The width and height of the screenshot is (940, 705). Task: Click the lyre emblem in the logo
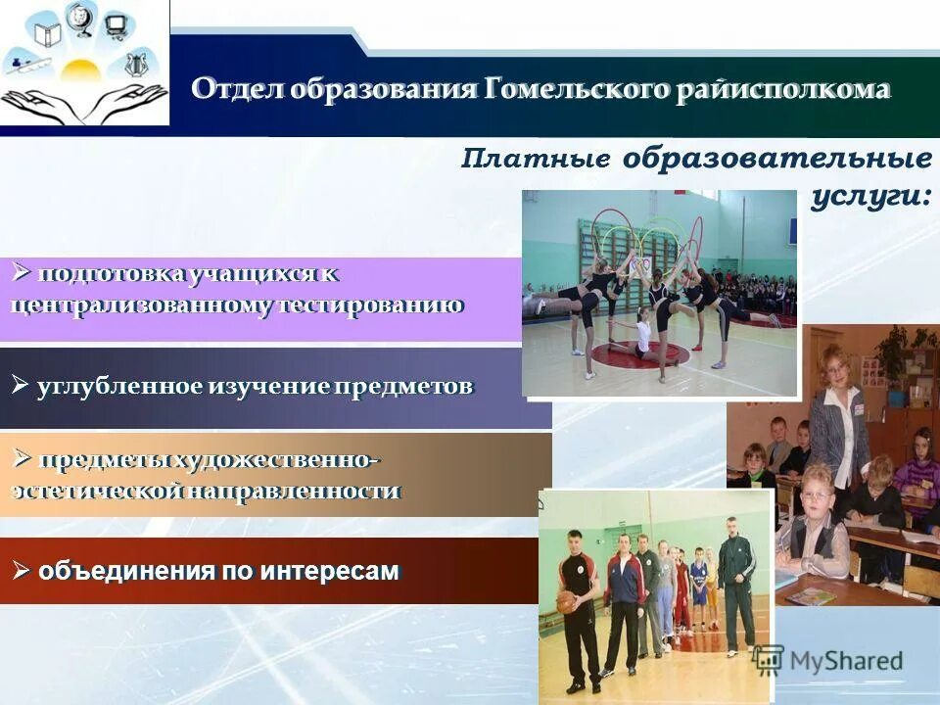point(136,65)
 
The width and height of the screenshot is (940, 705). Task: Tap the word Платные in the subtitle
point(537,159)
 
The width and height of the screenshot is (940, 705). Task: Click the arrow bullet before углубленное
point(21,385)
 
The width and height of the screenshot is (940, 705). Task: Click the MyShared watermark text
point(846,661)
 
